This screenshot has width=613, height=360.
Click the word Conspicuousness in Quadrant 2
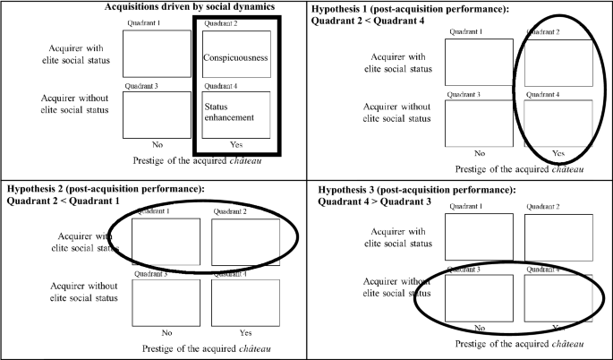pos(236,57)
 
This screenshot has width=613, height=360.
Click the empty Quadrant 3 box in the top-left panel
pos(157,114)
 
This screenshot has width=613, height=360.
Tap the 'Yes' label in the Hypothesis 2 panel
pos(245,333)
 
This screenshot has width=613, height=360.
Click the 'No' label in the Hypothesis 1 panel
pos(479,153)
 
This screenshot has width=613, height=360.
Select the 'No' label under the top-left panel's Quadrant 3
pos(157,143)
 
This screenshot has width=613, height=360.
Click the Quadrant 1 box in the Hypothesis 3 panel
pos(479,236)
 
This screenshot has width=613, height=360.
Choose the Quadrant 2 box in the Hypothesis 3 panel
pos(558,236)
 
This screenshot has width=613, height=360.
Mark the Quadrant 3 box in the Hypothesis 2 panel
pos(166,302)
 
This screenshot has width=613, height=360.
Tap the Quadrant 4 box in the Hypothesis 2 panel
pos(246,302)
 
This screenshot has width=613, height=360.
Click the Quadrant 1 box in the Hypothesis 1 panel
pos(479,61)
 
